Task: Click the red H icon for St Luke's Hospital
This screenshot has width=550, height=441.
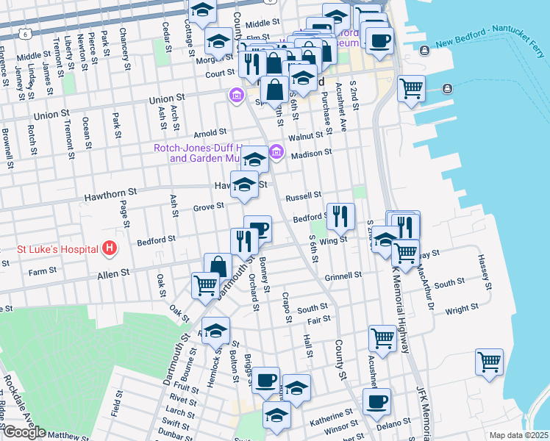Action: (x=110, y=248)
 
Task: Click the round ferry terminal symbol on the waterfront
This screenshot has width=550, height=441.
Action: (x=448, y=89)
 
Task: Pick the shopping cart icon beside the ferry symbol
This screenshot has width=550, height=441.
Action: (x=412, y=89)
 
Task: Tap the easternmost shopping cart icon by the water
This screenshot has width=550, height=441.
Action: (x=489, y=362)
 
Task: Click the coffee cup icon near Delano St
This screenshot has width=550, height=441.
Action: (x=376, y=401)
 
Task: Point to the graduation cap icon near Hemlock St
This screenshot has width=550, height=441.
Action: (x=215, y=331)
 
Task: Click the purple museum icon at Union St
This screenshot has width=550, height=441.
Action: (x=236, y=95)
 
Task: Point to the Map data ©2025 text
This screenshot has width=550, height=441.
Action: (x=519, y=435)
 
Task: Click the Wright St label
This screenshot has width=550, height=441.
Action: (x=462, y=307)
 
